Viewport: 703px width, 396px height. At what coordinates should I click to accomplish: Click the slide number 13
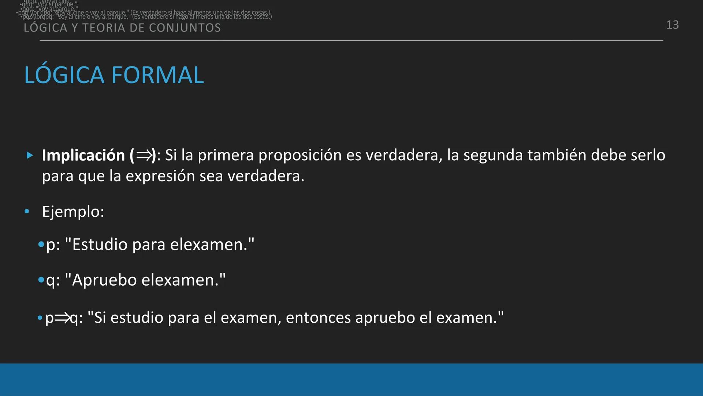pyautogui.click(x=672, y=25)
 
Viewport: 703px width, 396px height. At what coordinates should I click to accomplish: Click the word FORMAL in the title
pyautogui.click(x=157, y=75)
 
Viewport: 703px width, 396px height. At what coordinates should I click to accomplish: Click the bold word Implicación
pyautogui.click(x=83, y=155)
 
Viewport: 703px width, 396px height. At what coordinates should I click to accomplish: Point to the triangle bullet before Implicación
pyautogui.click(x=30, y=155)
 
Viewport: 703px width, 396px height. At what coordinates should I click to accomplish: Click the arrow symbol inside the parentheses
pyautogui.click(x=144, y=156)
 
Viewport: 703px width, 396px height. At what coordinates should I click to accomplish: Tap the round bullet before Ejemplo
pyautogui.click(x=27, y=212)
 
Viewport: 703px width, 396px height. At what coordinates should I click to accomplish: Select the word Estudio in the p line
pyautogui.click(x=100, y=245)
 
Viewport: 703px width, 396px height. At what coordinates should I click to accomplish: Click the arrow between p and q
pyautogui.click(x=62, y=318)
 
